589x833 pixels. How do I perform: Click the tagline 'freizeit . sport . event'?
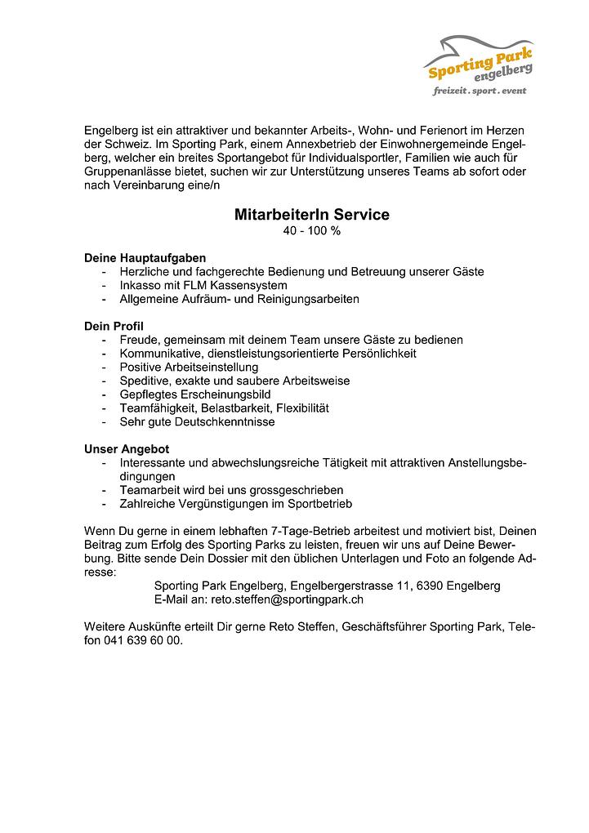pos(480,91)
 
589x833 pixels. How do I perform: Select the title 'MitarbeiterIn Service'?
pos(311,215)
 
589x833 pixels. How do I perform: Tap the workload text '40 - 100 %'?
pos(311,231)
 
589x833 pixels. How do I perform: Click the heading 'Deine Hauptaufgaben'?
pos(145,258)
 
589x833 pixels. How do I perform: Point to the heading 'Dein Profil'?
pos(114,326)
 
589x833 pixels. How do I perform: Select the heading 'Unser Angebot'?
pos(127,449)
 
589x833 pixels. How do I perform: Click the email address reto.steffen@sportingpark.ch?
pos(287,599)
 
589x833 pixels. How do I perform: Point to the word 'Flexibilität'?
pos(301,408)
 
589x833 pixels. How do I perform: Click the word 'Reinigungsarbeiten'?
pos(308,299)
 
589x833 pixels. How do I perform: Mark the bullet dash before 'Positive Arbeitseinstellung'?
pos(104,367)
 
